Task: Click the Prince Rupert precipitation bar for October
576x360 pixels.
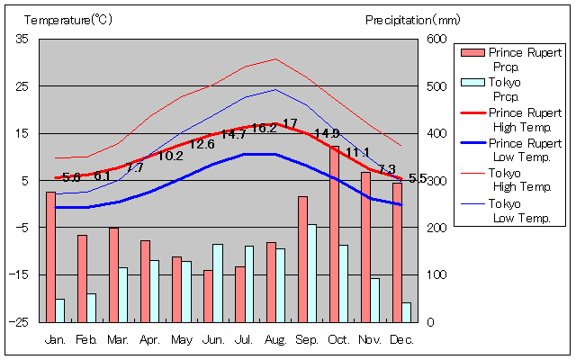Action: [334, 233]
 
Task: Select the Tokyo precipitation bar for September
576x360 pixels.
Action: [311, 273]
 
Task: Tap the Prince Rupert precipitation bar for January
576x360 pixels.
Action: [50, 256]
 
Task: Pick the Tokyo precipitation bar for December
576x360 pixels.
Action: [406, 311]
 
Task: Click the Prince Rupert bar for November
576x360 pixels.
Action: [365, 247]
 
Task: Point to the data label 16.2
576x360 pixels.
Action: [264, 128]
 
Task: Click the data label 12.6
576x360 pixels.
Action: [202, 144]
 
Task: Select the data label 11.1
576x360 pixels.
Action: [357, 151]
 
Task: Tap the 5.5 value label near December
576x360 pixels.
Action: [418, 178]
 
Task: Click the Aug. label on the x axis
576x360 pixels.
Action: [275, 339]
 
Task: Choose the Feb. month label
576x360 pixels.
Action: [86, 339]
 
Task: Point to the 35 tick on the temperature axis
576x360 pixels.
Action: [22, 39]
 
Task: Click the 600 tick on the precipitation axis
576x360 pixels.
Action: [436, 39]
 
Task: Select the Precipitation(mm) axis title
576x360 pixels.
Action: [413, 19]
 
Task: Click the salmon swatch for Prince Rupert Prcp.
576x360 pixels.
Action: [472, 53]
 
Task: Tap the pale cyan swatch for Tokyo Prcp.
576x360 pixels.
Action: [472, 83]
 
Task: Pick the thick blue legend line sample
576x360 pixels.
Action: [472, 143]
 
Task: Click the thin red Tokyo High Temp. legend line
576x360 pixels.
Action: [472, 173]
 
